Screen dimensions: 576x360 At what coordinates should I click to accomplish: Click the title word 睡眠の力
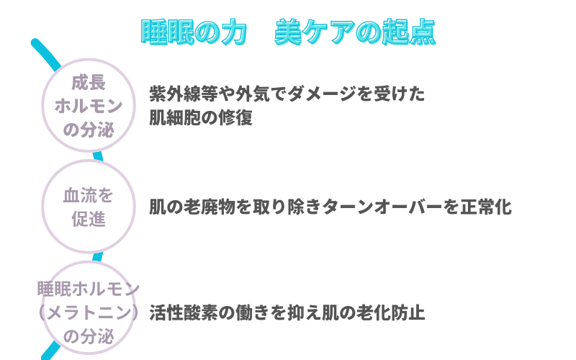[x=194, y=32]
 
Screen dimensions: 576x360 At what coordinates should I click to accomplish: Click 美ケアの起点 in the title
[x=355, y=32]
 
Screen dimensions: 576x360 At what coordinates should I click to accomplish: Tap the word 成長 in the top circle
[x=89, y=82]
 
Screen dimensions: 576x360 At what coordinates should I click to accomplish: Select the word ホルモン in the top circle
[x=89, y=106]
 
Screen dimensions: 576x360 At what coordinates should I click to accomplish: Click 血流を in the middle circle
[x=88, y=195]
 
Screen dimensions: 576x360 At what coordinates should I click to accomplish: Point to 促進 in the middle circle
[x=89, y=220]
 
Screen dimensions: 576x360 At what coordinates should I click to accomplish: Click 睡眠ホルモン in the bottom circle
[x=89, y=289]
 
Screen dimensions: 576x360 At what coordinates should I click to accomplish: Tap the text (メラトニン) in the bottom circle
[x=89, y=312]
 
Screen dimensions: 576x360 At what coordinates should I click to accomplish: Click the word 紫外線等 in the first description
[x=184, y=94]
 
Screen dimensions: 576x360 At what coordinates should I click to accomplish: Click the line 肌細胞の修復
[x=201, y=118]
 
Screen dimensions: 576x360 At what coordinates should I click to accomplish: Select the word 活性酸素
[x=184, y=313]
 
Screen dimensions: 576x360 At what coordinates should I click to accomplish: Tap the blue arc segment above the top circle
[x=45, y=53]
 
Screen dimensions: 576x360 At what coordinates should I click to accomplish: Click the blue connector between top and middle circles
[x=98, y=156]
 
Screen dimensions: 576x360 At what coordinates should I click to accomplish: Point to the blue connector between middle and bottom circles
[x=97, y=257]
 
